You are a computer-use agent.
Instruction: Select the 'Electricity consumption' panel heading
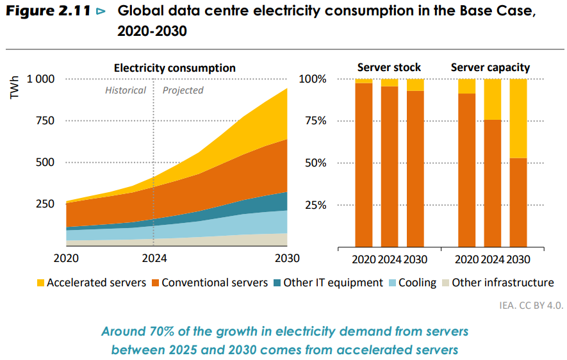point(174,68)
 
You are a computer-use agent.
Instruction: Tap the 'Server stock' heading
point(389,67)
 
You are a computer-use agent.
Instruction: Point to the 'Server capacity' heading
point(490,67)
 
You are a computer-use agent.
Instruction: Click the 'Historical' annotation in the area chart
point(126,90)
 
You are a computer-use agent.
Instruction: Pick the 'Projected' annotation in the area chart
point(183,90)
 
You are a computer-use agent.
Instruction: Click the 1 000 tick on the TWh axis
point(40,79)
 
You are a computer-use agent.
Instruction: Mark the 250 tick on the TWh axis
point(45,204)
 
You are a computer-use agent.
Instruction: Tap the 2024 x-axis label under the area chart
point(154,259)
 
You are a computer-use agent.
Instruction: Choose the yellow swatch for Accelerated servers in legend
point(40,282)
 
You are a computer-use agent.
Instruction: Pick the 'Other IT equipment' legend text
point(333,282)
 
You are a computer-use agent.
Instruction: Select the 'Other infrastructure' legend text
point(503,282)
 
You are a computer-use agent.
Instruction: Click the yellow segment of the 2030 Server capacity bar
point(518,119)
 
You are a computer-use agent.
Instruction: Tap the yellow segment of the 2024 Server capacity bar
point(492,99)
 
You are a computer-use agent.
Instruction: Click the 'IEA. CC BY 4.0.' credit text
point(531,305)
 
